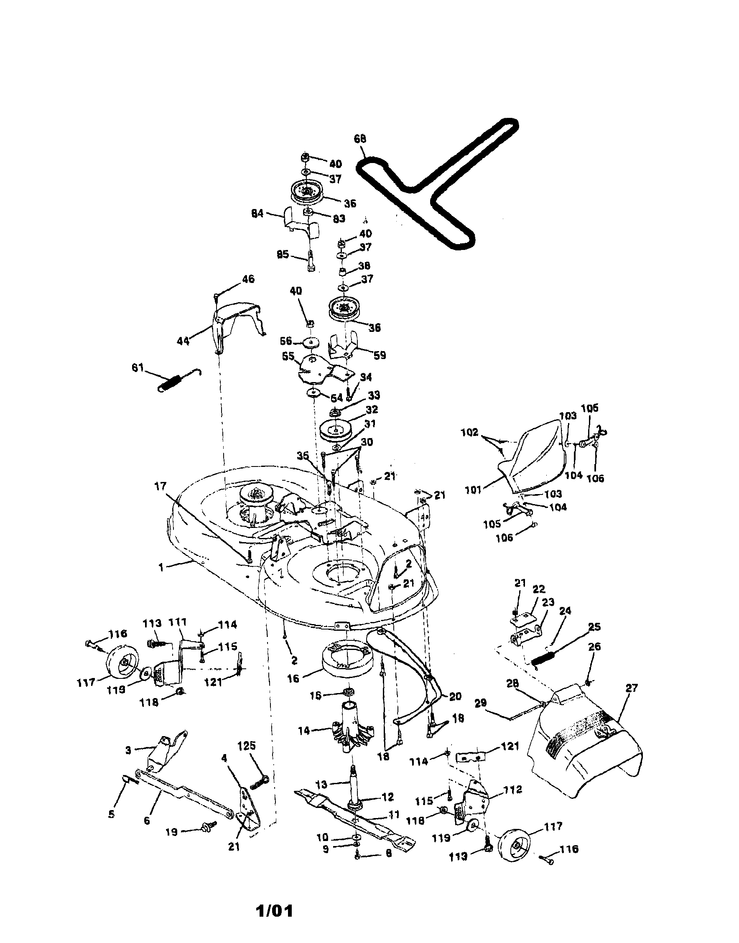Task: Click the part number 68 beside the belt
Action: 359,139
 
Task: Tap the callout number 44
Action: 183,342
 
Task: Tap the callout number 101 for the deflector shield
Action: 473,491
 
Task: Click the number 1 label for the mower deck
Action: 161,568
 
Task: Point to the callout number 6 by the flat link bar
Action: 147,820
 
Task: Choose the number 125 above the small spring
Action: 247,746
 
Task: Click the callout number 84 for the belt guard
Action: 257,214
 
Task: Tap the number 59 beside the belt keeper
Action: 380,356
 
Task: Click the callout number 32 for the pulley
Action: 371,409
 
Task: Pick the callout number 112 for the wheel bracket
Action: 513,790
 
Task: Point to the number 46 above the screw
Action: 248,279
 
